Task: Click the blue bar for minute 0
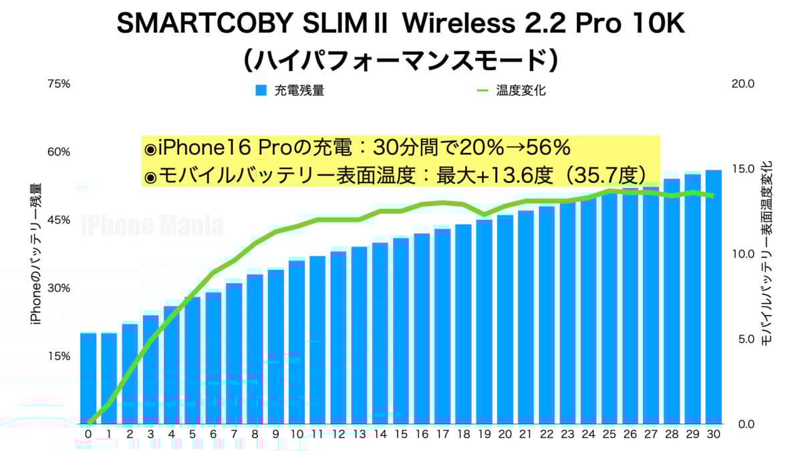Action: click(88, 378)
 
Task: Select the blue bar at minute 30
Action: click(714, 297)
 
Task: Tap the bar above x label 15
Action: click(401, 331)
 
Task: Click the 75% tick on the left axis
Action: click(58, 84)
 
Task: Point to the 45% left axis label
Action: click(58, 220)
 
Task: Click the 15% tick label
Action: click(58, 356)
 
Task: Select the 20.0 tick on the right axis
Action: click(743, 84)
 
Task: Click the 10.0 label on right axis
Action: click(743, 255)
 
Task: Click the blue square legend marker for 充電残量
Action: click(261, 90)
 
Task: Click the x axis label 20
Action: click(505, 434)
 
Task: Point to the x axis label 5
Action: click(192, 434)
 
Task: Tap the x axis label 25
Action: click(610, 434)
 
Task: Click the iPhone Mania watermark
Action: click(152, 226)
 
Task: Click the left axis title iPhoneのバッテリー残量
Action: click(36, 254)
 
